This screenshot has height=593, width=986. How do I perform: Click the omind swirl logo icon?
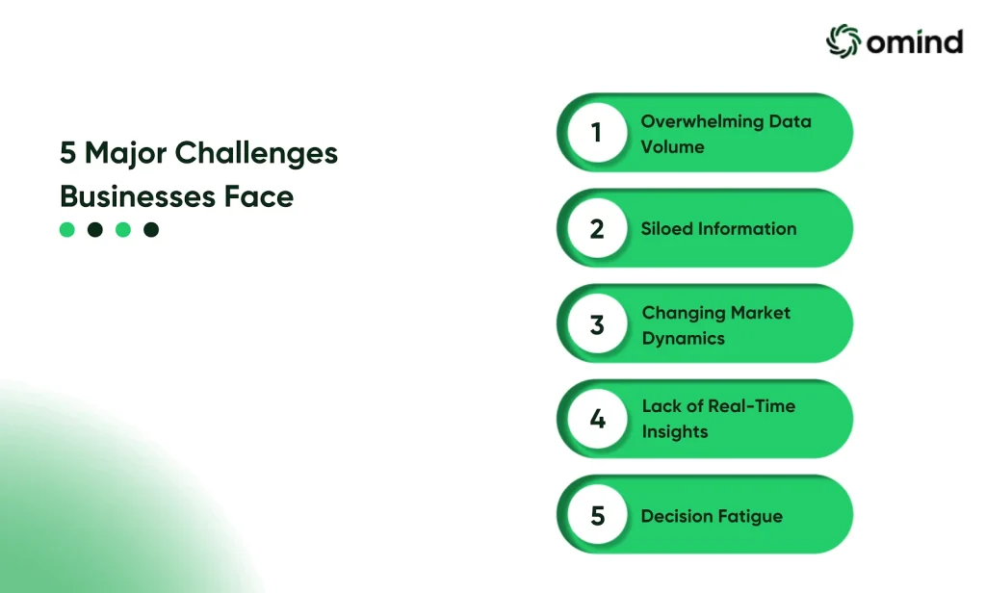[843, 40]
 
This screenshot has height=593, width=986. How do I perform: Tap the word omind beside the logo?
[915, 42]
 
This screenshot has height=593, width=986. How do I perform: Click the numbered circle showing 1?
[597, 133]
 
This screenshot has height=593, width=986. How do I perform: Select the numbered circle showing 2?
[597, 228]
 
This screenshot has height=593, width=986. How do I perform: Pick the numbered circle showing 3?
[597, 323]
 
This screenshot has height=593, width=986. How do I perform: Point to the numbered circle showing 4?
[597, 419]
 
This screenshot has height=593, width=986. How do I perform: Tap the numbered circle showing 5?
[597, 515]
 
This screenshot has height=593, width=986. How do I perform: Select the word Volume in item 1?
[673, 146]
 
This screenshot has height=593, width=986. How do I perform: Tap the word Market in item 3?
[761, 313]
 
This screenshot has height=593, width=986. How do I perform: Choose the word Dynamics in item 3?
[684, 339]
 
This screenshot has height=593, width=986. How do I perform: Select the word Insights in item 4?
[675, 432]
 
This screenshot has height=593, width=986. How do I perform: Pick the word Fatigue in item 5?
[751, 517]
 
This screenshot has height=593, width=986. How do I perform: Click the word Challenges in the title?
[256, 154]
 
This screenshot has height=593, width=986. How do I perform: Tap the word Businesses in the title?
[138, 196]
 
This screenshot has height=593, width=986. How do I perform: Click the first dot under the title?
[66, 229]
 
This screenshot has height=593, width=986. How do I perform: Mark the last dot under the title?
[151, 229]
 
